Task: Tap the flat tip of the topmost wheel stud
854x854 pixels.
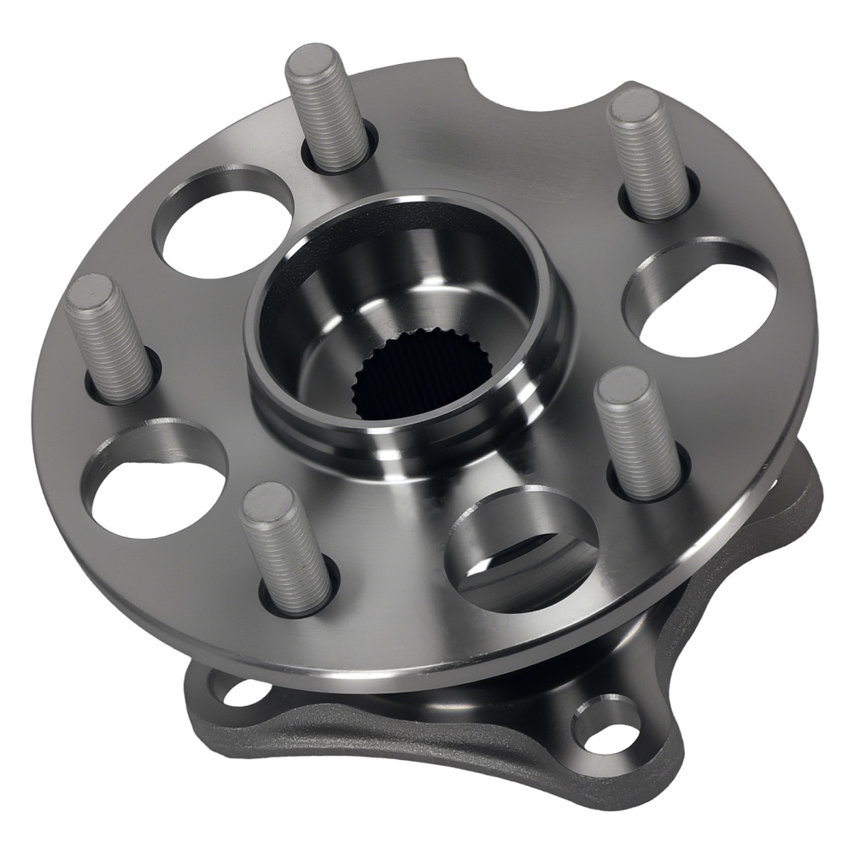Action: (x=313, y=62)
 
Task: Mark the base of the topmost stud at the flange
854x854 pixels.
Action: (x=337, y=158)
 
